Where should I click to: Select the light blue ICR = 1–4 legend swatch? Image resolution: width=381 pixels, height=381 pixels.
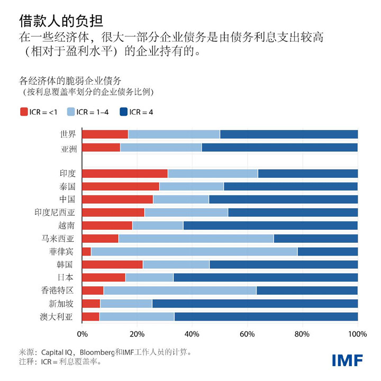pos(70,112)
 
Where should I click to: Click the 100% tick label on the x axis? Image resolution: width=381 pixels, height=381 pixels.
pos(358,334)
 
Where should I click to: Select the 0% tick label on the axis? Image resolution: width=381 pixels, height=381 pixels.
pos(83,334)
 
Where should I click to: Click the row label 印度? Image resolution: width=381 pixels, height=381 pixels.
pos(68,173)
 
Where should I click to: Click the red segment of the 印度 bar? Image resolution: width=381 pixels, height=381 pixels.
pos(125,173)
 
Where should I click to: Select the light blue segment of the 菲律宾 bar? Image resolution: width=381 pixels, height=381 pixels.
pos(194,251)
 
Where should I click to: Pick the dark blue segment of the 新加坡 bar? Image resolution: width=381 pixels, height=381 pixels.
pos(255,303)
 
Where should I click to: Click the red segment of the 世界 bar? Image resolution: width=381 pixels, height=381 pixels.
pos(105,134)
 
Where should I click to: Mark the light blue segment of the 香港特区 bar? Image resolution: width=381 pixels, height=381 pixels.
pos(180,290)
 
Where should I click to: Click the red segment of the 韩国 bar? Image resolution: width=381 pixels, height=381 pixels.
pos(113,264)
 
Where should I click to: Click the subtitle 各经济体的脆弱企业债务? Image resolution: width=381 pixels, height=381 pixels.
pos(70,81)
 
